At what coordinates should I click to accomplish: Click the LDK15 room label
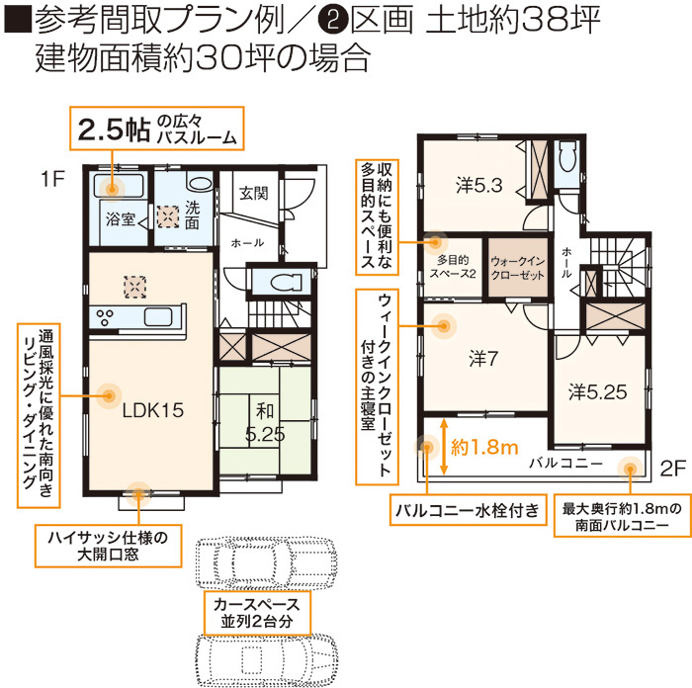(x=152, y=410)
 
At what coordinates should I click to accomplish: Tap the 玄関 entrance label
(x=253, y=193)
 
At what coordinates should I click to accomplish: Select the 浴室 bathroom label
(x=120, y=218)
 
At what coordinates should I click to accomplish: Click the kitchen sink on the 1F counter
(x=158, y=316)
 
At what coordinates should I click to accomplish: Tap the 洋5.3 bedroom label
(x=479, y=186)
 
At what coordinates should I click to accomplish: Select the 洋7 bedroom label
(x=483, y=359)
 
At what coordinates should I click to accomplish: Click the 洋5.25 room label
(x=597, y=391)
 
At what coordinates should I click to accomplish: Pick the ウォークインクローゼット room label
(x=518, y=268)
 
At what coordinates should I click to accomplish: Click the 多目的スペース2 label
(x=453, y=267)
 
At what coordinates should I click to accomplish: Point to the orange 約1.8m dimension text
(x=484, y=448)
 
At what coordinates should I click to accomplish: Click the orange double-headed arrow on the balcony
(x=443, y=447)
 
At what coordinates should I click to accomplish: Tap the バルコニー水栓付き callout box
(x=468, y=510)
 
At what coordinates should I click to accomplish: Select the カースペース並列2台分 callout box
(x=257, y=613)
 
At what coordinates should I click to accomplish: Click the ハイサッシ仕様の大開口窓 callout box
(x=108, y=546)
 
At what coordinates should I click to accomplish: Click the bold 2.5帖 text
(x=114, y=129)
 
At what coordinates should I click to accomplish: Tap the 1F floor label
(x=52, y=179)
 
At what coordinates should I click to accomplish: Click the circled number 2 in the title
(x=333, y=20)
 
